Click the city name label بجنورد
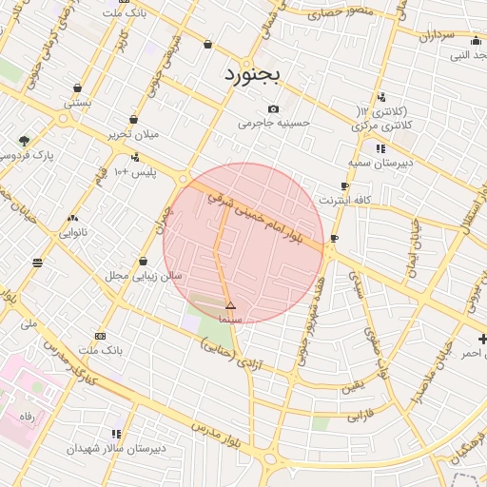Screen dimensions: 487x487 (254, 74)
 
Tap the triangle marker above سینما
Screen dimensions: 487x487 (230, 305)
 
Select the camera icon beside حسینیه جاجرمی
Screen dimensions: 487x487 (274, 108)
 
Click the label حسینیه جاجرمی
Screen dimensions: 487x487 (274, 123)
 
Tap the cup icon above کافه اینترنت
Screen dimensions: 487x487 (344, 186)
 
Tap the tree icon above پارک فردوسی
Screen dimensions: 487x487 (24, 141)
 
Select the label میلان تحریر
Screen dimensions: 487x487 (131, 134)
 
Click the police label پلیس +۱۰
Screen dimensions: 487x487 (134, 172)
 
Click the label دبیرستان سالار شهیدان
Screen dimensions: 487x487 (116, 447)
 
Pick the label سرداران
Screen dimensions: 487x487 (438, 35)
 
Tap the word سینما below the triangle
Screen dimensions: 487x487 (230, 320)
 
